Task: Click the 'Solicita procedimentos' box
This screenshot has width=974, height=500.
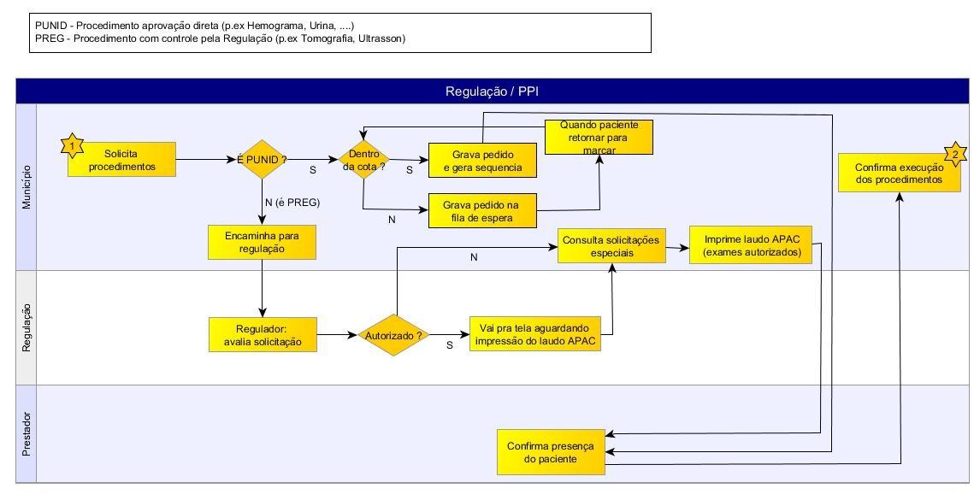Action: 121,160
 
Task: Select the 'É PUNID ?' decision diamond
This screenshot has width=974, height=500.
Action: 263,160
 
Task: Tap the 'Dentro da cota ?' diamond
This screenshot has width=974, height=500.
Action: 363,160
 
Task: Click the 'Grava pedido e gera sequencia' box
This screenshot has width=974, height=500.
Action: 482,160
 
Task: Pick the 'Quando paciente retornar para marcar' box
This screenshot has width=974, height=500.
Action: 599,138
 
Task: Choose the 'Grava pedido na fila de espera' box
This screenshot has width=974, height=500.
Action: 482,210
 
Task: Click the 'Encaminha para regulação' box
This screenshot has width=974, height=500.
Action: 263,242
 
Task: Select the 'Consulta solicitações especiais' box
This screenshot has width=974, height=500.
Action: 612,245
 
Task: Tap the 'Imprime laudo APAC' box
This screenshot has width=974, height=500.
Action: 751,245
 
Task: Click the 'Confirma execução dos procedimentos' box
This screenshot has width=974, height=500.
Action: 900,174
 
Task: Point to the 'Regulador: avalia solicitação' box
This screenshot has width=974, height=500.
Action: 263,335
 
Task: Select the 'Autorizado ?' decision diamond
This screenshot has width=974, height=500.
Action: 393,335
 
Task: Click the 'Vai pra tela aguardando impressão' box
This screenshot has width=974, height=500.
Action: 535,334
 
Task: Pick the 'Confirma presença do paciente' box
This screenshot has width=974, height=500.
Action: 551,452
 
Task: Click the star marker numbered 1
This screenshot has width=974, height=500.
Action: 73,145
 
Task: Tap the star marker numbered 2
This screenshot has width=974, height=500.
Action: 955,153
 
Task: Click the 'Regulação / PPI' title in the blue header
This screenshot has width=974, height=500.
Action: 492,91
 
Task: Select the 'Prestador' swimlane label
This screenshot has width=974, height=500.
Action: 27,434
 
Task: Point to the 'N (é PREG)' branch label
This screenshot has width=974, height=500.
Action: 292,202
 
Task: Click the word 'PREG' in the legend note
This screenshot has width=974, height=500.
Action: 48,38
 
